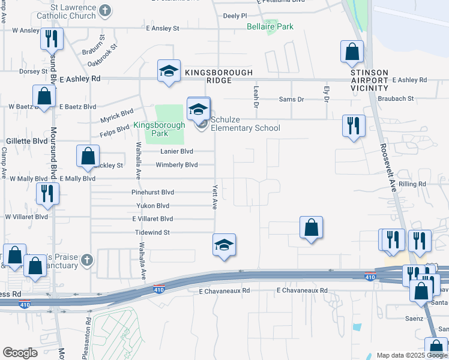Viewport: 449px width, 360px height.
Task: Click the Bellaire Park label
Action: pyautogui.click(x=270, y=26)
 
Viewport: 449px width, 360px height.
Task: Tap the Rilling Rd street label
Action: pyautogui.click(x=412, y=184)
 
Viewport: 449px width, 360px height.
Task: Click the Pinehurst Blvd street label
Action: pyautogui.click(x=152, y=193)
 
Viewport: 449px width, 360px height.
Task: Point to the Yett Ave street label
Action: pyautogui.click(x=214, y=196)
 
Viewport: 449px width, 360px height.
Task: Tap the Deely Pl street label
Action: pyautogui.click(x=235, y=16)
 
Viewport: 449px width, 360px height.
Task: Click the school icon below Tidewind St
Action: pyautogui.click(x=224, y=245)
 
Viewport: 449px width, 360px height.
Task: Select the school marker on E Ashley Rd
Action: pyautogui.click(x=169, y=71)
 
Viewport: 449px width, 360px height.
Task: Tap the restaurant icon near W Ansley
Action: pyautogui.click(x=52, y=39)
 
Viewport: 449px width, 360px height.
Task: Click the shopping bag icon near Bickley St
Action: pyautogui.click(x=88, y=156)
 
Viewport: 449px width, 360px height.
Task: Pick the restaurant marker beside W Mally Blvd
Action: pyautogui.click(x=46, y=193)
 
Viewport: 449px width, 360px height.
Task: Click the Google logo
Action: pyautogui.click(x=20, y=353)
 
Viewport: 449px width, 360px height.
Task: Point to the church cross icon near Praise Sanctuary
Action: pyautogui.click(x=87, y=260)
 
